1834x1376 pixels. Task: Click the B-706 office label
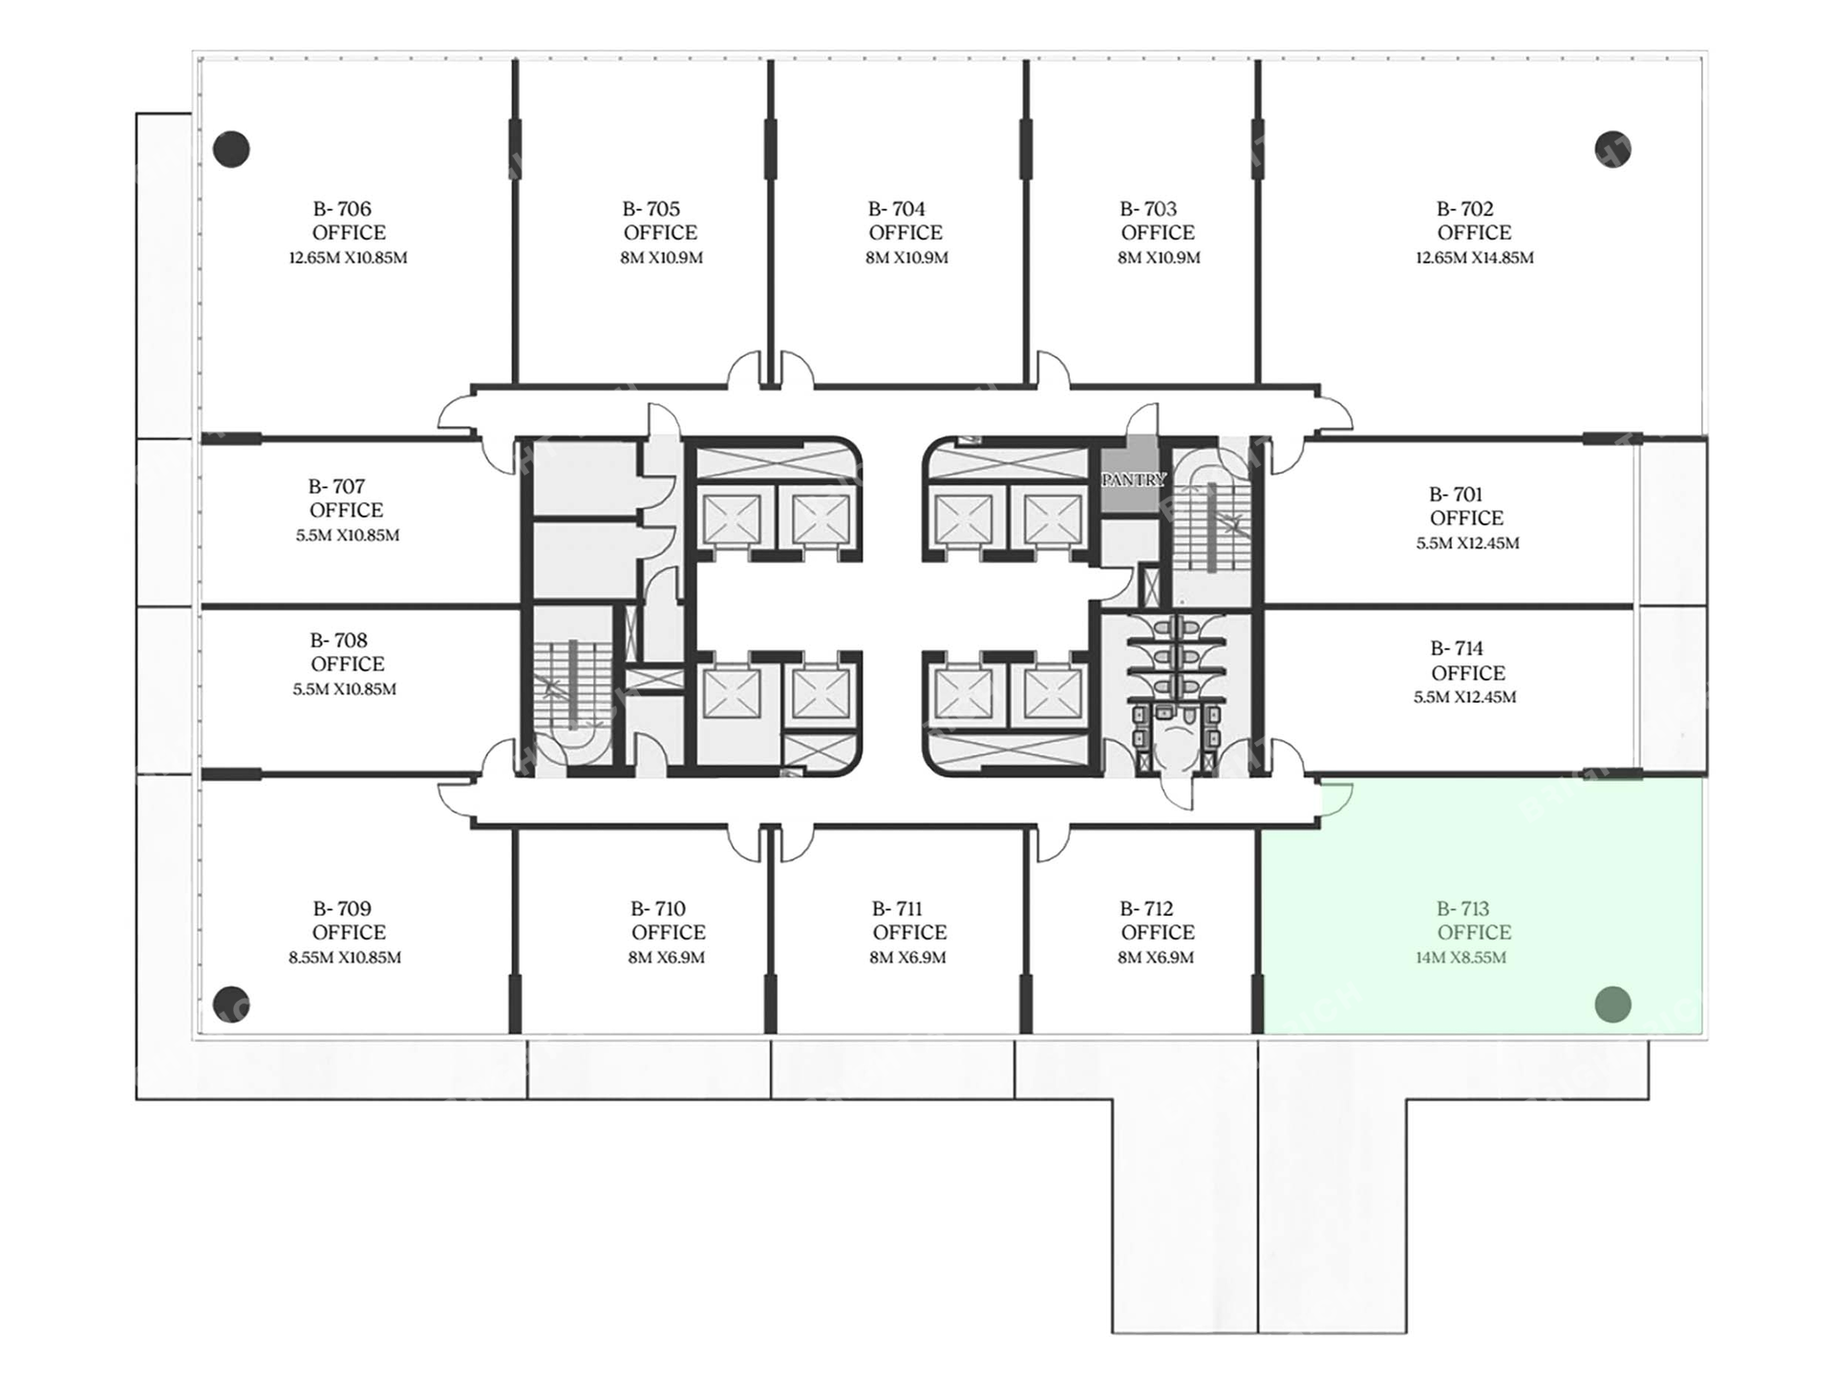coord(342,209)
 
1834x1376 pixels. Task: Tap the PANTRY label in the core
coord(1134,479)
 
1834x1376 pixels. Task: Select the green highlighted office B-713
coord(1482,906)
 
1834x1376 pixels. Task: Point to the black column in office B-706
coord(231,149)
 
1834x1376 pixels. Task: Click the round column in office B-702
coord(1612,149)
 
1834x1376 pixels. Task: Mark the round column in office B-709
coord(231,1005)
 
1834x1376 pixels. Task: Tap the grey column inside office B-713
coord(1612,1005)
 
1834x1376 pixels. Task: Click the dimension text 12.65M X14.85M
coord(1475,258)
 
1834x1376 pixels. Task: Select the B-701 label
coord(1456,495)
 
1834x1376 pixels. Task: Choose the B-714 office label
coord(1457,648)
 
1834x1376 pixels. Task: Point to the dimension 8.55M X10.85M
coord(345,958)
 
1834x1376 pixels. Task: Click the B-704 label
coord(897,209)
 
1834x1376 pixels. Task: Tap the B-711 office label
coord(898,909)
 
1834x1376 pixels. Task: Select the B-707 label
coord(336,487)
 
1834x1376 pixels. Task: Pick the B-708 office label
coord(338,641)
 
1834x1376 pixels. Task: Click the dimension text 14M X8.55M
coord(1461,958)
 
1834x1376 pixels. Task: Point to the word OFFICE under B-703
coord(1158,233)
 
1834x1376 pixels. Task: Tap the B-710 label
coord(658,909)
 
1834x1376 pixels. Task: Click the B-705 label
coord(651,209)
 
